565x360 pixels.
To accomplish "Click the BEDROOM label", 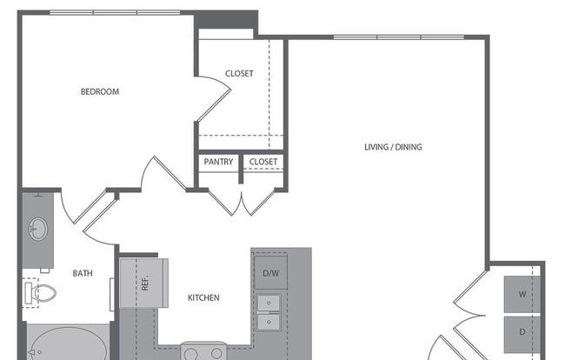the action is pyautogui.click(x=100, y=91).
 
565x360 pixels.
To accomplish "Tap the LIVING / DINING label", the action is pyautogui.click(x=393, y=147).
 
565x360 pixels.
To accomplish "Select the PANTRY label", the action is pyautogui.click(x=218, y=162).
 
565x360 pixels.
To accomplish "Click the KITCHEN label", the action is pyautogui.click(x=203, y=297).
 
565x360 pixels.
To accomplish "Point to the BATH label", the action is pyautogui.click(x=83, y=274).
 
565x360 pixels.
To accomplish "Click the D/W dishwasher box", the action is pyautogui.click(x=270, y=273).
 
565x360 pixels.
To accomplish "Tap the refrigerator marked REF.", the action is pyautogui.click(x=143, y=283).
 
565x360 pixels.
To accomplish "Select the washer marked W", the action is pyautogui.click(x=522, y=295).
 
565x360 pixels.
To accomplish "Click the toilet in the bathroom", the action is pyautogui.click(x=40, y=293).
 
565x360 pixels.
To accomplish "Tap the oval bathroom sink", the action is pyautogui.click(x=38, y=229).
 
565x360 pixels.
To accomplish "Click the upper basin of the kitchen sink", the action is pyautogui.click(x=269, y=303).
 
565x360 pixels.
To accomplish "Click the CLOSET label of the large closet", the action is pyautogui.click(x=239, y=74).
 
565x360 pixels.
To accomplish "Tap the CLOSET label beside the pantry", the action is pyautogui.click(x=263, y=162).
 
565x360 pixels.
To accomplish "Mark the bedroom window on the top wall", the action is pyautogui.click(x=115, y=13).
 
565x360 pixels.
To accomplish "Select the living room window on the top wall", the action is pyautogui.click(x=398, y=37).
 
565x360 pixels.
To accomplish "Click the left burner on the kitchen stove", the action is pyautogui.click(x=190, y=354).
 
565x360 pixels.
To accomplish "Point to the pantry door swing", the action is pyautogui.click(x=223, y=203).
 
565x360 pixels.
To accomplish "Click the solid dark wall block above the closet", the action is pyautogui.click(x=226, y=19).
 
